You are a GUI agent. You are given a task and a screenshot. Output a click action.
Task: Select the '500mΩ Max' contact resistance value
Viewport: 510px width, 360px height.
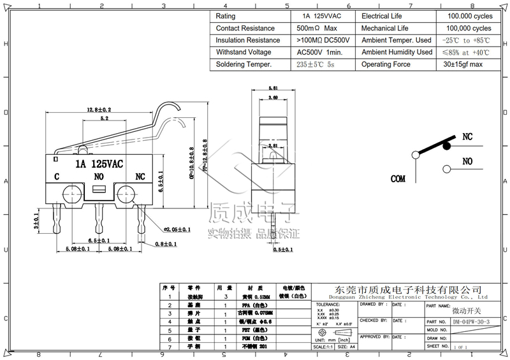(x=317, y=28)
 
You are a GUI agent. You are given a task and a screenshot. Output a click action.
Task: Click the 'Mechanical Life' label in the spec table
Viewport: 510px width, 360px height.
(x=385, y=28)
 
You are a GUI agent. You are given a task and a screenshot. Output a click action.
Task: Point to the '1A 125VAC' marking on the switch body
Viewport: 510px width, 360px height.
(x=99, y=164)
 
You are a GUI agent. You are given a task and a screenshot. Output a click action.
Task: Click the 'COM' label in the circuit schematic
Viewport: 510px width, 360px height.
(x=398, y=179)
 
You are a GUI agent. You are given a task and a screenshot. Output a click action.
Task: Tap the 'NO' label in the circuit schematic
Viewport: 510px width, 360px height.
(x=467, y=161)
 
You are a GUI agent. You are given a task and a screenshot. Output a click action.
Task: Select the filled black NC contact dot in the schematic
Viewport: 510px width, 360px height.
(x=447, y=146)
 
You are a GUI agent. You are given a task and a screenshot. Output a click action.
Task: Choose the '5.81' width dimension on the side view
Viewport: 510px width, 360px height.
(x=273, y=89)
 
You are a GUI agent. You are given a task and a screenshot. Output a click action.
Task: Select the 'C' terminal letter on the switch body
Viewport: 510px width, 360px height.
(x=57, y=176)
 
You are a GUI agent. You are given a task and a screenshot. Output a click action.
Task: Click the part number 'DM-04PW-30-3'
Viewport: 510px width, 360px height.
(x=471, y=322)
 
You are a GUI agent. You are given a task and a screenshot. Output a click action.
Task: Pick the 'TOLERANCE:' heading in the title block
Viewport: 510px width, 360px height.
(x=328, y=305)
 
